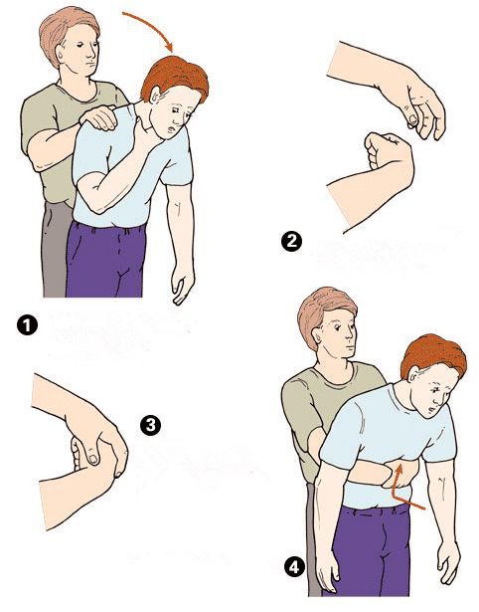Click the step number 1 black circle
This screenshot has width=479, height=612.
coord(27,325)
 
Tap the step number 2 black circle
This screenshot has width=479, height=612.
coord(291,241)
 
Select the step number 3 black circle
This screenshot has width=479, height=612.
coord(150,425)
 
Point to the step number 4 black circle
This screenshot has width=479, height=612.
coord(294,567)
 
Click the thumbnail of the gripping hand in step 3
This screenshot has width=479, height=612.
coord(93,459)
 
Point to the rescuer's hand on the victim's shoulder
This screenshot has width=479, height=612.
coord(99,116)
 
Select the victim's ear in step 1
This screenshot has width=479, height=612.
coord(155,96)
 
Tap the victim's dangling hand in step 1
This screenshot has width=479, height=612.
coord(182,282)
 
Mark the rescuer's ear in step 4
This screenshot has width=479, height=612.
coord(318,333)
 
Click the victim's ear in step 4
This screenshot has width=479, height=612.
coord(414,375)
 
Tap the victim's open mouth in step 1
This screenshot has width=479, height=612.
coord(171,127)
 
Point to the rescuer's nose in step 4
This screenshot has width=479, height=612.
coord(353,335)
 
